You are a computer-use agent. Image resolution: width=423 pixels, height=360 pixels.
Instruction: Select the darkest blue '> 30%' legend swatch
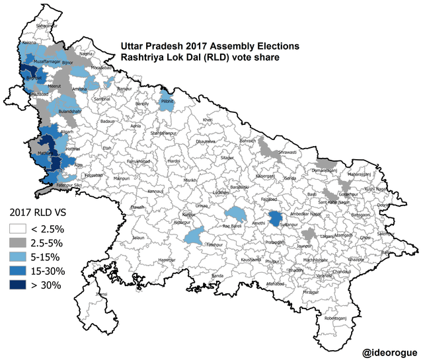tap(20, 285)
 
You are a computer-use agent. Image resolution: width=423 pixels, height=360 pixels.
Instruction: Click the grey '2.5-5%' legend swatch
tap(20, 242)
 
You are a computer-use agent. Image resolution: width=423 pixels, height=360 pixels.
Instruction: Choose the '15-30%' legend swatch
tap(20, 271)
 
